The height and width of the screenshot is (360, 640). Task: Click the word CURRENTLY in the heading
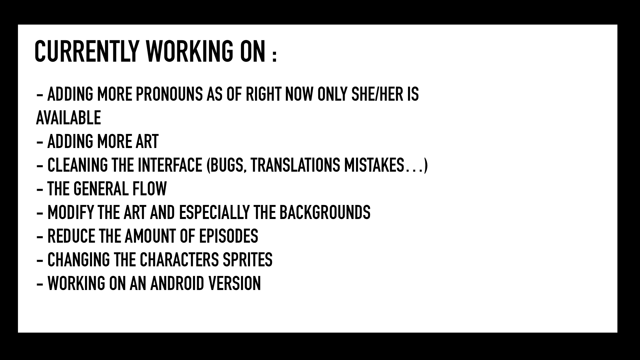tap(86, 51)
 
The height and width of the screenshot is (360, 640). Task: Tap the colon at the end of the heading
tap(274, 56)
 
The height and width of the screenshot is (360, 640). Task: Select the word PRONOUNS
tap(169, 94)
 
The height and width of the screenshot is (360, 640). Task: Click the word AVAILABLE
tap(68, 118)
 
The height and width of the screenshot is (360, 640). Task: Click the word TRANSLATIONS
tap(295, 165)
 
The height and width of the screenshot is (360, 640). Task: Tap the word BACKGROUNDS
tap(325, 213)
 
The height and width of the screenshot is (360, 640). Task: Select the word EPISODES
tap(229, 236)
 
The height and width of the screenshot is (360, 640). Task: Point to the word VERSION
tap(234, 284)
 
